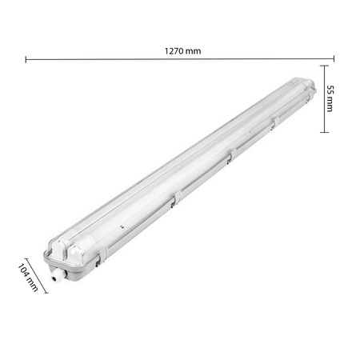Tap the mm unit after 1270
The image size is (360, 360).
click(193, 50)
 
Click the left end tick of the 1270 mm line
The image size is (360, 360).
click(26, 59)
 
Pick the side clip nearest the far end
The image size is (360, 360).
click(272, 122)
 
